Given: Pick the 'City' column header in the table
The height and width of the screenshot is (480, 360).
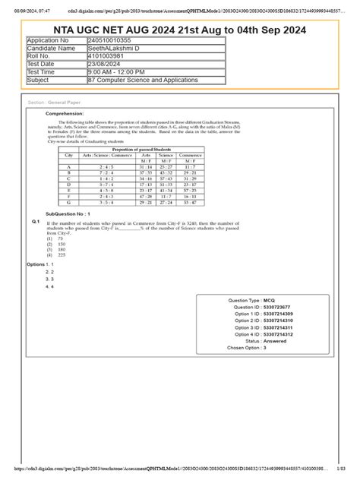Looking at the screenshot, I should (69, 155).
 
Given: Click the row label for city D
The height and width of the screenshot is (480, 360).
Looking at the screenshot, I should (69, 183).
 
